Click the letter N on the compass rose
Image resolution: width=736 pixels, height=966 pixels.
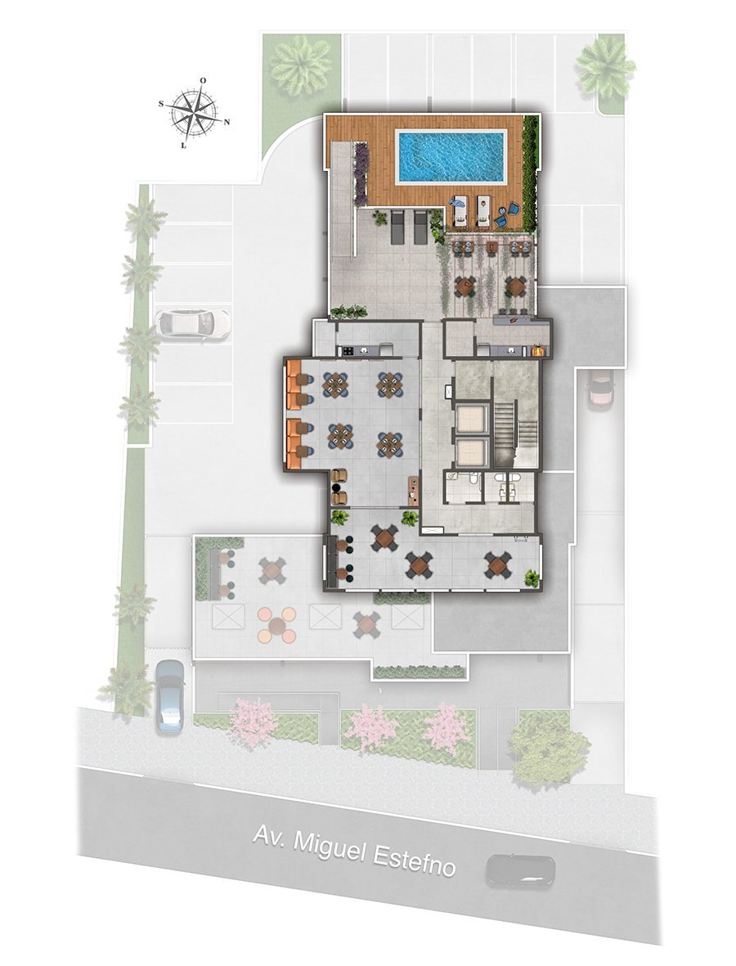(227, 122)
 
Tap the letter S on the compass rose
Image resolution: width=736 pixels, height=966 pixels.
(162, 104)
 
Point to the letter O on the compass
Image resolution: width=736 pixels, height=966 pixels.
(203, 80)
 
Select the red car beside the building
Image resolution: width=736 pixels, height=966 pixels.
(601, 389)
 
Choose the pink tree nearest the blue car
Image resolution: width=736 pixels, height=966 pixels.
(253, 721)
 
